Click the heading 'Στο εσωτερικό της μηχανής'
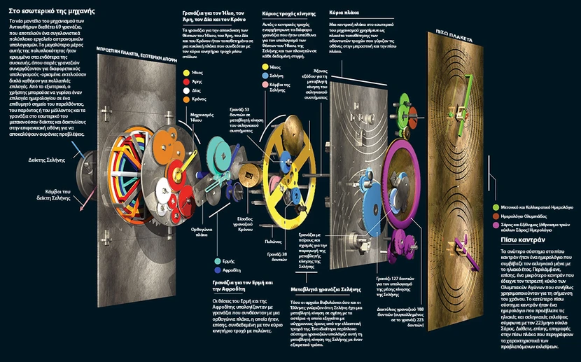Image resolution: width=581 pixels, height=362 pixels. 48,12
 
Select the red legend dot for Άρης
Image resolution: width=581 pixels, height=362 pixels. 185,81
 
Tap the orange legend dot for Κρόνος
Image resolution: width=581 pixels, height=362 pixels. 185,99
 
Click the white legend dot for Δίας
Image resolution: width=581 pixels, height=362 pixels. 185,90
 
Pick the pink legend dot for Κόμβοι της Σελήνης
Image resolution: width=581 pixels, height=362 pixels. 263,84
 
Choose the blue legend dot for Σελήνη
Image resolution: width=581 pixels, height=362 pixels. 263,75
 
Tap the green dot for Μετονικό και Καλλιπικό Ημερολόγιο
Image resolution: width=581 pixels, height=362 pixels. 495,207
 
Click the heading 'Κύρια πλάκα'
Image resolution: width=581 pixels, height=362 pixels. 344,13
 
